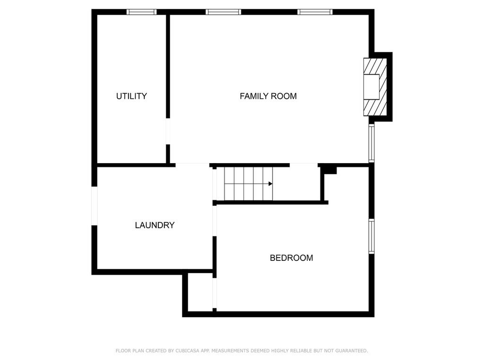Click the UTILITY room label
click(131, 96)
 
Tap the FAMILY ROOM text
click(268, 96)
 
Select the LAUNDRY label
click(155, 225)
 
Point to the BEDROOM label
click(291, 258)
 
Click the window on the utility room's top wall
click(142, 12)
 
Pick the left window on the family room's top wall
click(223, 12)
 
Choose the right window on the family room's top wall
click(315, 12)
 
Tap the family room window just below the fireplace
click(372, 143)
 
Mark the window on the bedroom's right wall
click(372, 236)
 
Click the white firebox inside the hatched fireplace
click(372, 87)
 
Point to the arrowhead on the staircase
click(270, 184)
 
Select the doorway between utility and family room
click(168, 131)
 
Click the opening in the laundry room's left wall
click(95, 206)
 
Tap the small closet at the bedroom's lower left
click(200, 292)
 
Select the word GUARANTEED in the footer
click(352, 351)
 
